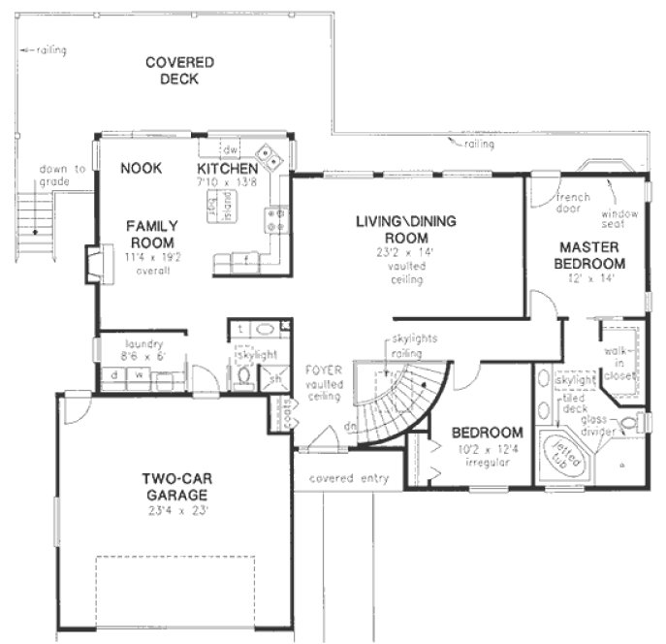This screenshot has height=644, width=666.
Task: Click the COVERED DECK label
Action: [179, 70]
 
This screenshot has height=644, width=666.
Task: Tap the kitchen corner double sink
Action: [269, 156]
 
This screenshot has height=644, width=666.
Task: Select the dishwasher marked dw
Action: [230, 151]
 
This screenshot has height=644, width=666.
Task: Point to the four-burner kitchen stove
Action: [279, 219]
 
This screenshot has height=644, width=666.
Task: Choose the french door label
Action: [572, 202]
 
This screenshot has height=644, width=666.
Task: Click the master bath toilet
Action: [629, 423]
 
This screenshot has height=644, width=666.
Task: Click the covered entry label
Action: [348, 478]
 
